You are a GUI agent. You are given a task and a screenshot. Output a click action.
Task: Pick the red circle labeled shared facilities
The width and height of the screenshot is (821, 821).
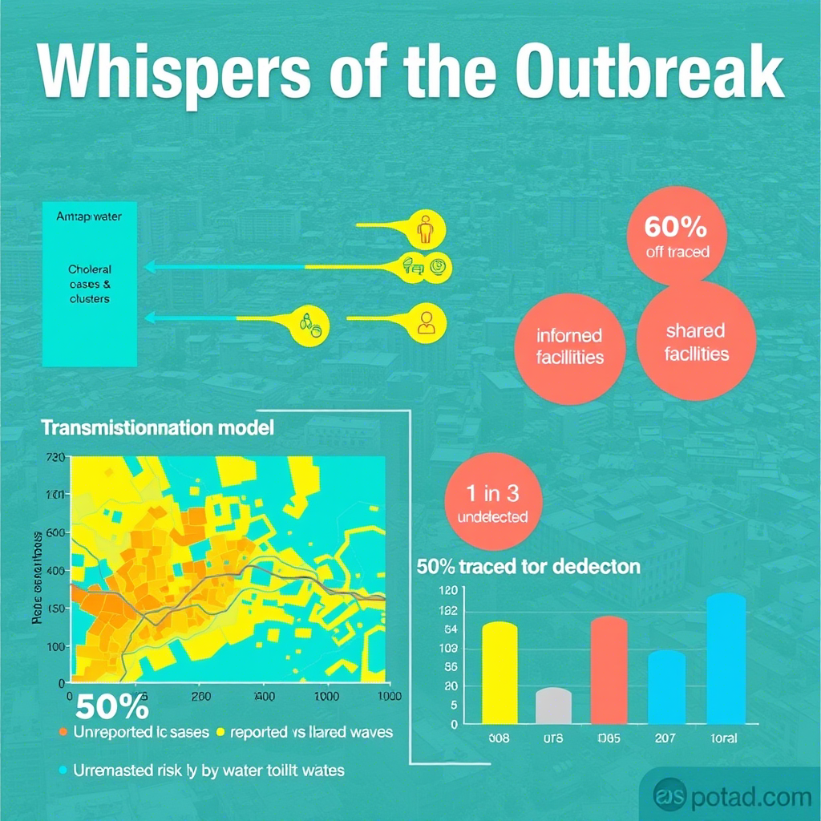point(695,342)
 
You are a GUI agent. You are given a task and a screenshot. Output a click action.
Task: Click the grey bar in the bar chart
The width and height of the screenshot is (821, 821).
point(553,706)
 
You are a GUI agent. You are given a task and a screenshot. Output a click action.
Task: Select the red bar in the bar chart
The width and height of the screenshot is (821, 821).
point(609,670)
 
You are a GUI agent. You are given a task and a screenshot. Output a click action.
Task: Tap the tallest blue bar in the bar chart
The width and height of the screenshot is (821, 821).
point(726,658)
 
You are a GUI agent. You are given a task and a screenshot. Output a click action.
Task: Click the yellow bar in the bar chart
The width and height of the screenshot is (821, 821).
point(499,673)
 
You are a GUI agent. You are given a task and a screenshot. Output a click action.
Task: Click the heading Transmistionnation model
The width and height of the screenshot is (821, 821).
point(157,427)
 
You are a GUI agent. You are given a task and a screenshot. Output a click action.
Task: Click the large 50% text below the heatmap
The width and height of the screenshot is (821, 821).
point(112,709)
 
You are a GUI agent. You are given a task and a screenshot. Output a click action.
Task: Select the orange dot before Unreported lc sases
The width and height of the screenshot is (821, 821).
point(63,732)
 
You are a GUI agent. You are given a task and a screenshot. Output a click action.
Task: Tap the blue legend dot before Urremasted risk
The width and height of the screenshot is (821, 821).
point(63,770)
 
